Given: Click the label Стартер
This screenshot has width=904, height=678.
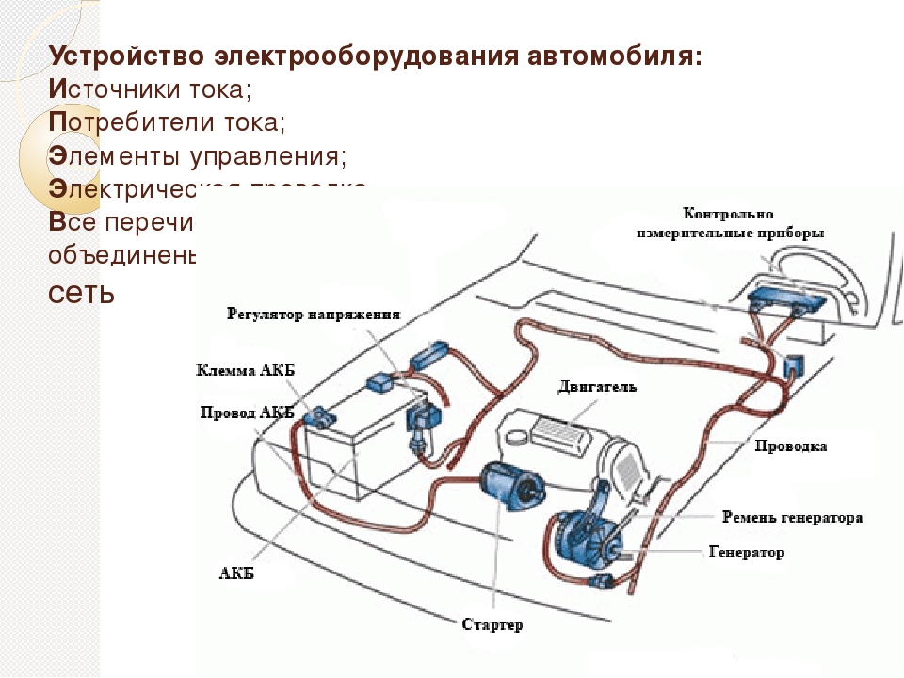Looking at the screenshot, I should point(492,624).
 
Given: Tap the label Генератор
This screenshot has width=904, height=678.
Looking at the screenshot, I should point(746,552).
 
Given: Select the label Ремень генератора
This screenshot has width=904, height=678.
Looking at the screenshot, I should point(792,518).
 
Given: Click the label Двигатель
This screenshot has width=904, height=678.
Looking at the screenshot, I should point(597,386).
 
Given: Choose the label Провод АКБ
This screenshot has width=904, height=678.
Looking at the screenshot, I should point(248,412).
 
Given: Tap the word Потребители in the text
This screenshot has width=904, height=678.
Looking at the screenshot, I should point(121,122).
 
